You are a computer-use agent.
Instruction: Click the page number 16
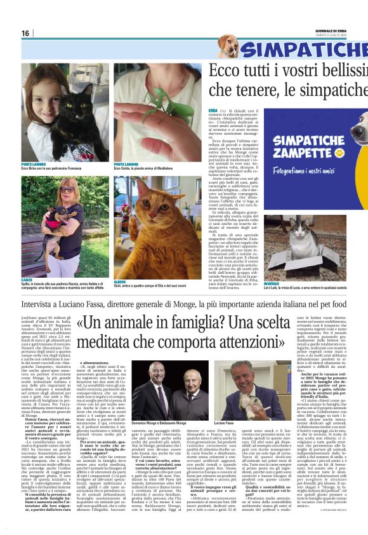click(x=25, y=34)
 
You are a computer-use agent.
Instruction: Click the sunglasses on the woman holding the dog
click(x=67, y=189)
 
